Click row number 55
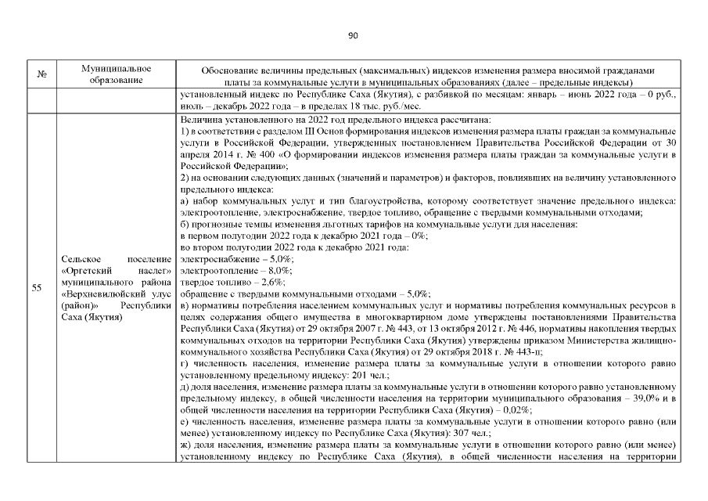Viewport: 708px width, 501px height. pyautogui.click(x=37, y=287)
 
